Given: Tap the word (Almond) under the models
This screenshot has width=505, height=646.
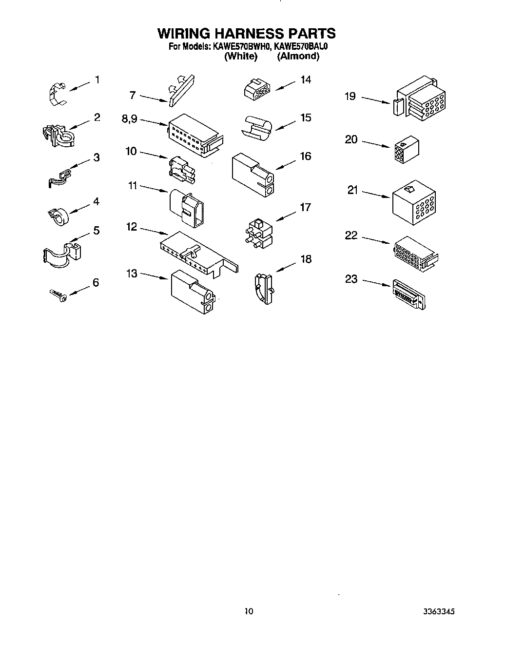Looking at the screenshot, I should coord(298,56).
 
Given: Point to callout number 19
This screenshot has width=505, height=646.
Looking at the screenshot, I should coord(350,97).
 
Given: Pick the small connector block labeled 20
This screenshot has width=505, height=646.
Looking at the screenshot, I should coord(405,147).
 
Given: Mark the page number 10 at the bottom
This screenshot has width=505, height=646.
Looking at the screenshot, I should coord(249,611).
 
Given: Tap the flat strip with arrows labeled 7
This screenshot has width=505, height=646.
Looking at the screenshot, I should coord(181,90).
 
